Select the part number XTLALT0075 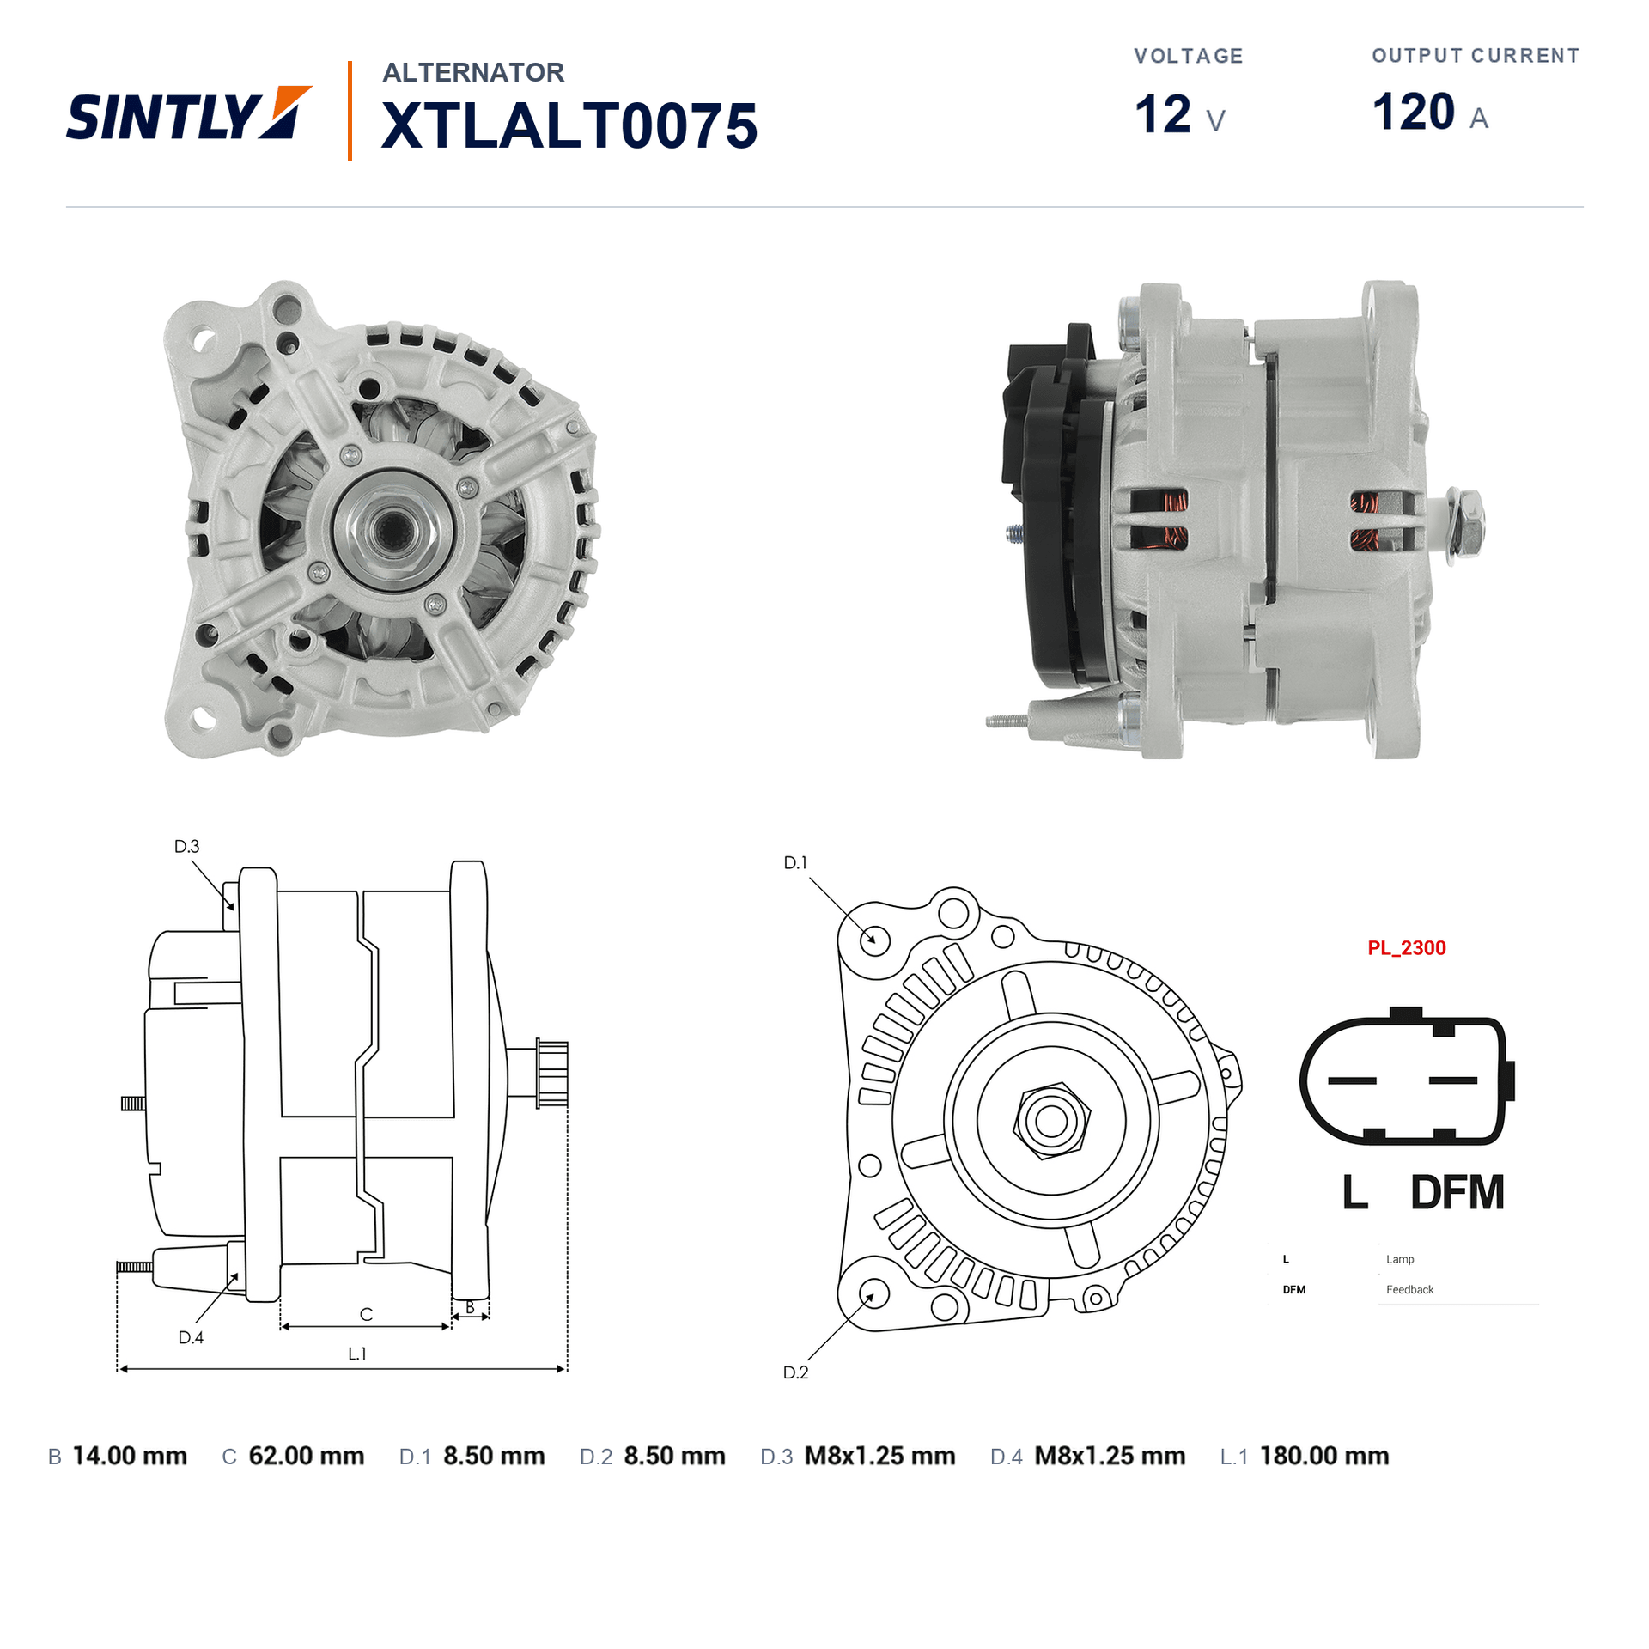point(569,126)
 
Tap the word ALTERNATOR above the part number point(473,72)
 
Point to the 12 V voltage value point(1179,114)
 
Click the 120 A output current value point(1430,113)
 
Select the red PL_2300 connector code point(1406,948)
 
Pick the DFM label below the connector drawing point(1457,1193)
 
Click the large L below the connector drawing point(1354,1193)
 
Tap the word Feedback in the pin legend point(1409,1290)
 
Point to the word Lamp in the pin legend point(1399,1259)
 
